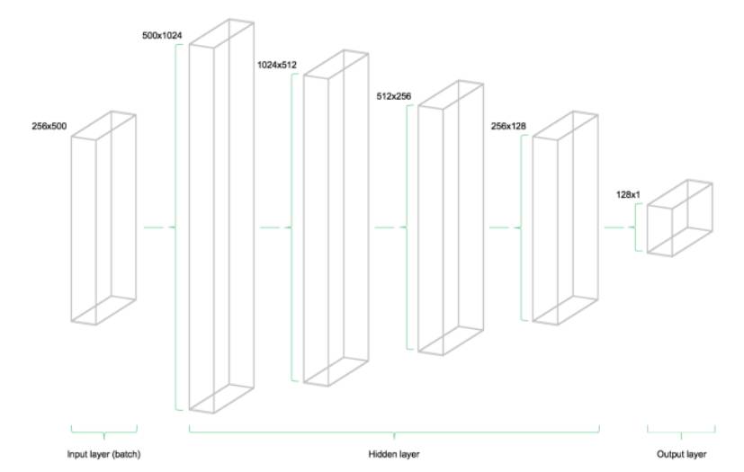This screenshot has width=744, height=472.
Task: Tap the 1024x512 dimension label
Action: [x=277, y=65]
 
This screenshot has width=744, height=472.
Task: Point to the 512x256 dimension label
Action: [x=393, y=94]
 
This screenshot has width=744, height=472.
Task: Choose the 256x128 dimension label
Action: [x=508, y=127]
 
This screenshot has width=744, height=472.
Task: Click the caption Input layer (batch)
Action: [x=103, y=453]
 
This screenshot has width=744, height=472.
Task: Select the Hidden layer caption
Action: [x=394, y=453]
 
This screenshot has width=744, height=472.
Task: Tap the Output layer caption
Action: [x=683, y=453]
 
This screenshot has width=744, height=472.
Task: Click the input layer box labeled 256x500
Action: [x=103, y=218]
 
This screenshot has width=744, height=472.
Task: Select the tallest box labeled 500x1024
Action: [x=220, y=216]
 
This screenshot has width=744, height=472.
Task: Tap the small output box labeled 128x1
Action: [x=679, y=218]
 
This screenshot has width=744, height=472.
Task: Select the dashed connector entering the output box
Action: [x=620, y=228]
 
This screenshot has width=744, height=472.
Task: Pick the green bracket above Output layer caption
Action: [x=682, y=428]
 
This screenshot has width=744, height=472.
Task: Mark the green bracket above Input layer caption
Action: [x=103, y=428]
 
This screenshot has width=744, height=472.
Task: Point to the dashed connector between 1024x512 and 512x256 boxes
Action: [x=390, y=228]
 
